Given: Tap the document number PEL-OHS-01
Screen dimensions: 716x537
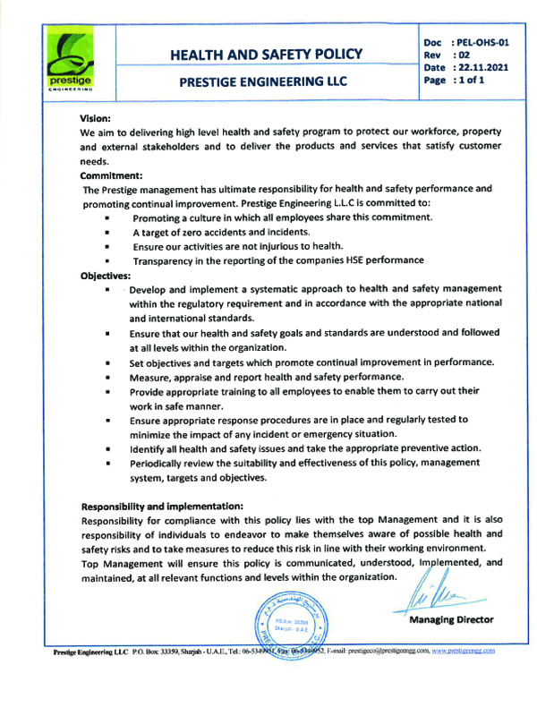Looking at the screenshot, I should (x=482, y=42).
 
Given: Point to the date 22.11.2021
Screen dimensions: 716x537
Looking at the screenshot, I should (x=484, y=67).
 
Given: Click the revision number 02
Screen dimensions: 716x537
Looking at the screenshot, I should (x=465, y=55).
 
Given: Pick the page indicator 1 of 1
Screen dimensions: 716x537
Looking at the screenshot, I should (x=471, y=80).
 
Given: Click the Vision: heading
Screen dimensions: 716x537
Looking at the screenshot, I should (x=95, y=117).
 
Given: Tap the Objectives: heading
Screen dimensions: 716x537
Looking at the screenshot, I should (x=107, y=276).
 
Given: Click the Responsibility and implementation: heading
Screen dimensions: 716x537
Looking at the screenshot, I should (x=169, y=505).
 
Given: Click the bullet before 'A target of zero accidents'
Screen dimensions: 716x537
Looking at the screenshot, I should (x=107, y=233).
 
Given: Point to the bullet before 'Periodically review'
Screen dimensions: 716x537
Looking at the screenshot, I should (x=107, y=465).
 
